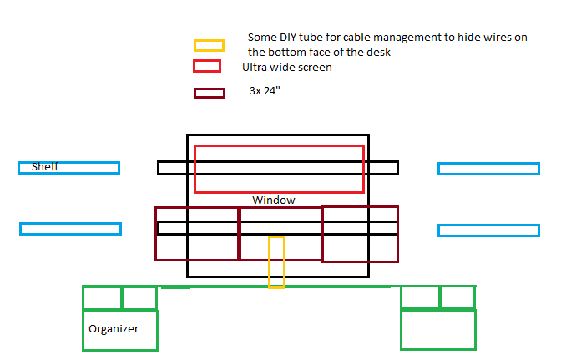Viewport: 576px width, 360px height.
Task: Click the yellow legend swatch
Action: (x=209, y=45)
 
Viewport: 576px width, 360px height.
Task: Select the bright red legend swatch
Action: (x=207, y=66)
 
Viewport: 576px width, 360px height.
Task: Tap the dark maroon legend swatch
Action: (x=209, y=94)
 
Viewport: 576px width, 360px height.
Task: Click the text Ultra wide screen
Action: (x=287, y=67)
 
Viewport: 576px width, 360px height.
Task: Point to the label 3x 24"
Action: (x=265, y=89)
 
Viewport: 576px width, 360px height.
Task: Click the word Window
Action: (x=274, y=200)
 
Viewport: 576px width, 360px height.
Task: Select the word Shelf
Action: (x=45, y=167)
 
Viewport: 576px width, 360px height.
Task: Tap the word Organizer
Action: (x=114, y=328)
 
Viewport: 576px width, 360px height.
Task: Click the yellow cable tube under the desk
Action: (x=276, y=261)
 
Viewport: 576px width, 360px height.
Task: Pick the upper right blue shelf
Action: (x=488, y=169)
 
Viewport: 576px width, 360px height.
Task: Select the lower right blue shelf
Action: (x=488, y=231)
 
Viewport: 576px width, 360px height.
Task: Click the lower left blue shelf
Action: (x=70, y=229)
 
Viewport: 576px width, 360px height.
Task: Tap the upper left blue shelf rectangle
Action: (x=83, y=168)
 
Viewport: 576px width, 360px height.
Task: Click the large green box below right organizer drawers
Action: (x=438, y=329)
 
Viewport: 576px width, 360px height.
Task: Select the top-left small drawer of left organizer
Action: (x=102, y=297)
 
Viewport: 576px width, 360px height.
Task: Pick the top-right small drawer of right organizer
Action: (x=457, y=297)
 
